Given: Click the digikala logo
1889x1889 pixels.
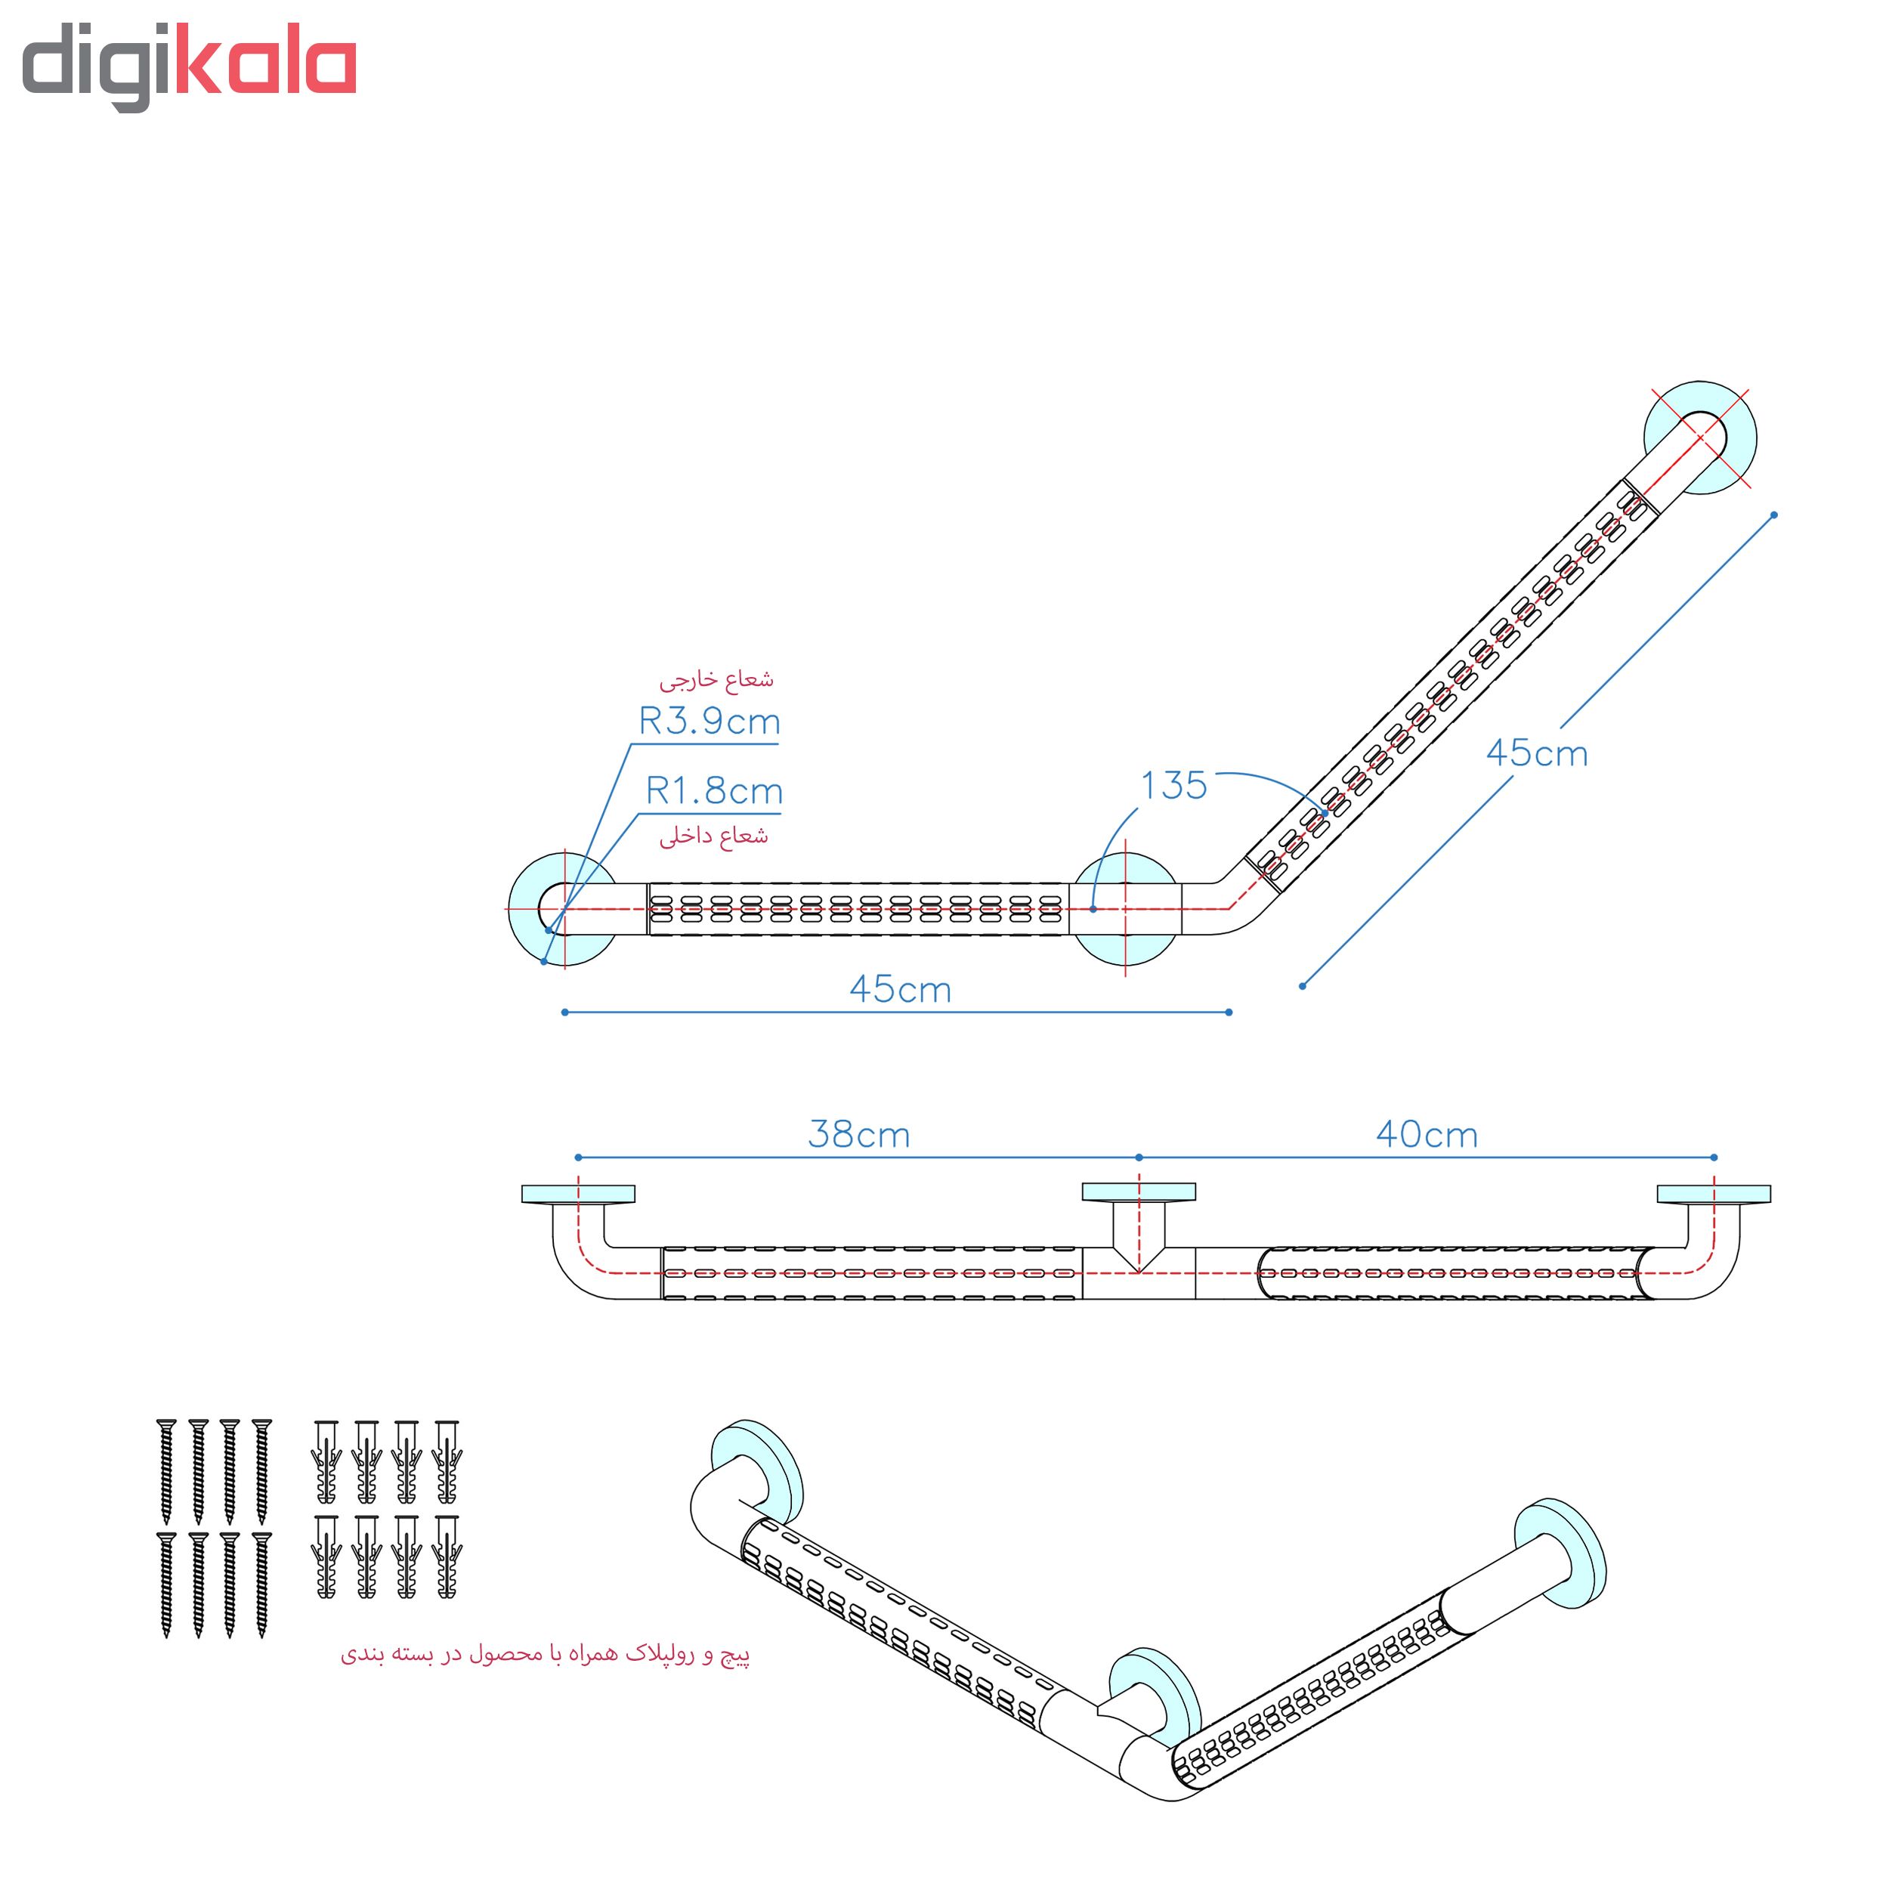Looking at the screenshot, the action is click(x=189, y=66).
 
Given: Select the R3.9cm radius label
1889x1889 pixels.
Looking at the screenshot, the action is click(x=710, y=722).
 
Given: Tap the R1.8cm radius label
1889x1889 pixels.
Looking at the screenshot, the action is click(x=714, y=791).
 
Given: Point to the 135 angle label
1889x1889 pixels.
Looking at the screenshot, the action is click(x=1174, y=785).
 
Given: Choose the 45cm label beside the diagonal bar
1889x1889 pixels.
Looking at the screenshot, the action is click(x=1537, y=753).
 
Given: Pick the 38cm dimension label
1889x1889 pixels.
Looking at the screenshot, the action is click(x=859, y=1134).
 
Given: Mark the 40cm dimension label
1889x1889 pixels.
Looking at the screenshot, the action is click(x=1427, y=1134).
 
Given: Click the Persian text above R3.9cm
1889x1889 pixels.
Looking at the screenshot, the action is click(x=716, y=679).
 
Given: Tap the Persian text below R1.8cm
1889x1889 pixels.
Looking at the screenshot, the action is click(x=714, y=836).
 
